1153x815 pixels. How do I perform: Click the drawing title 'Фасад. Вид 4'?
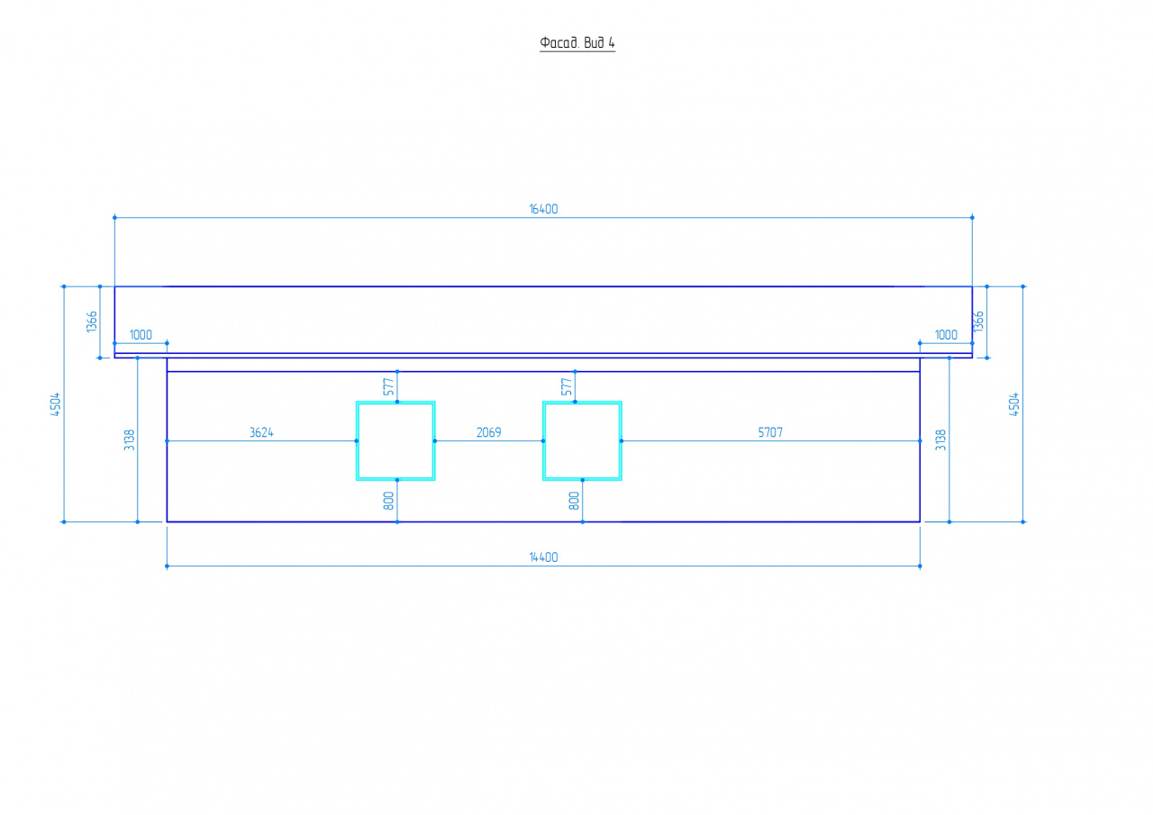[577, 42]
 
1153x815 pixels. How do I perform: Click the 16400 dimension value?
[543, 209]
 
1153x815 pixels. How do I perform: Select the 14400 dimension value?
[543, 557]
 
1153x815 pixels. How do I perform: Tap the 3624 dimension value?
[261, 432]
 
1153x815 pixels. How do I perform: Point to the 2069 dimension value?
[488, 432]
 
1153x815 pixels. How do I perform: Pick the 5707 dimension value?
[770, 432]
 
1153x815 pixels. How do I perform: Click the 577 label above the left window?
[388, 387]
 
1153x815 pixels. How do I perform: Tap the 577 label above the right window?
[567, 387]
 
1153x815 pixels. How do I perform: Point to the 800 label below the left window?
[388, 501]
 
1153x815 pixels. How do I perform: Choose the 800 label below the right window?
[574, 501]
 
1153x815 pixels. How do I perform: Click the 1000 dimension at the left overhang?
[141, 335]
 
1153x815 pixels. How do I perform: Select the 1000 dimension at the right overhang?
[946, 335]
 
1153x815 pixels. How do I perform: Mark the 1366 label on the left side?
[92, 321]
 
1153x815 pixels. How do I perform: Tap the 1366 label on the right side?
[978, 321]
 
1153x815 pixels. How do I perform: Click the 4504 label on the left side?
[56, 404]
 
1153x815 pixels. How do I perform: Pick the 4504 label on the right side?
[1014, 404]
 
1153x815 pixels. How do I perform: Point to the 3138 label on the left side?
[129, 439]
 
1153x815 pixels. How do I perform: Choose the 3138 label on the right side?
[940, 439]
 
